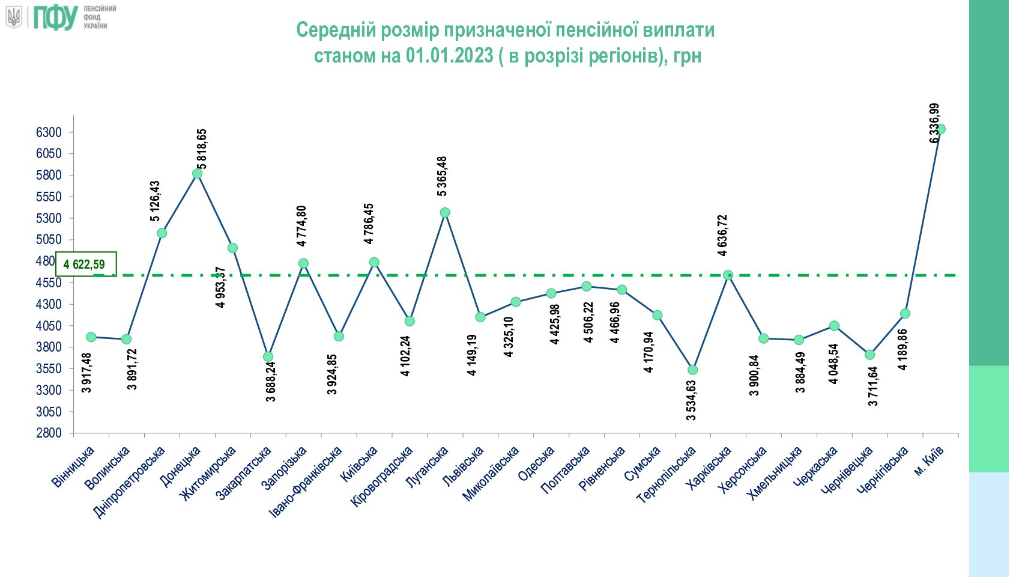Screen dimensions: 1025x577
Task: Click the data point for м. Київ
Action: pos(940,129)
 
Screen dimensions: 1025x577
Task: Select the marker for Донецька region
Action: pos(197,174)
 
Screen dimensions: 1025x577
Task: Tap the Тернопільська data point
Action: pos(693,370)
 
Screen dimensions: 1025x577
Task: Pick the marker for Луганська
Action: pos(445,213)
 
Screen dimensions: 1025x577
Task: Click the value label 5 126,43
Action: pos(156,201)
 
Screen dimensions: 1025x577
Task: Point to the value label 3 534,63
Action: pos(691,400)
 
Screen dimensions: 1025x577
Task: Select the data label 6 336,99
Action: pos(934,123)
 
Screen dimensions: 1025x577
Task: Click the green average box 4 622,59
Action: pos(86,264)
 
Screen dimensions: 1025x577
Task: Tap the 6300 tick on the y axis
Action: pos(49,132)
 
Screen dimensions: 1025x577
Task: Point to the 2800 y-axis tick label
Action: pos(49,433)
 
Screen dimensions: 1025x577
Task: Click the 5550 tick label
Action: pos(49,197)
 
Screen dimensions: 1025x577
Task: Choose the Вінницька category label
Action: pos(73,466)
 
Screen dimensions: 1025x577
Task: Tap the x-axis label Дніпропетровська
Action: pos(129,482)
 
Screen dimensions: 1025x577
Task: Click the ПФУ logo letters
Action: pos(55,18)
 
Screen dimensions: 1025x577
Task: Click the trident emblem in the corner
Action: pos(14,17)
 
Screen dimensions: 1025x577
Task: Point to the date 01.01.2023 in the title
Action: pos(449,56)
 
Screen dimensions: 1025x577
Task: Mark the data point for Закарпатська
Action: pos(268,357)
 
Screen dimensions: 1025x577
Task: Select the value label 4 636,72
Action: pos(722,236)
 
